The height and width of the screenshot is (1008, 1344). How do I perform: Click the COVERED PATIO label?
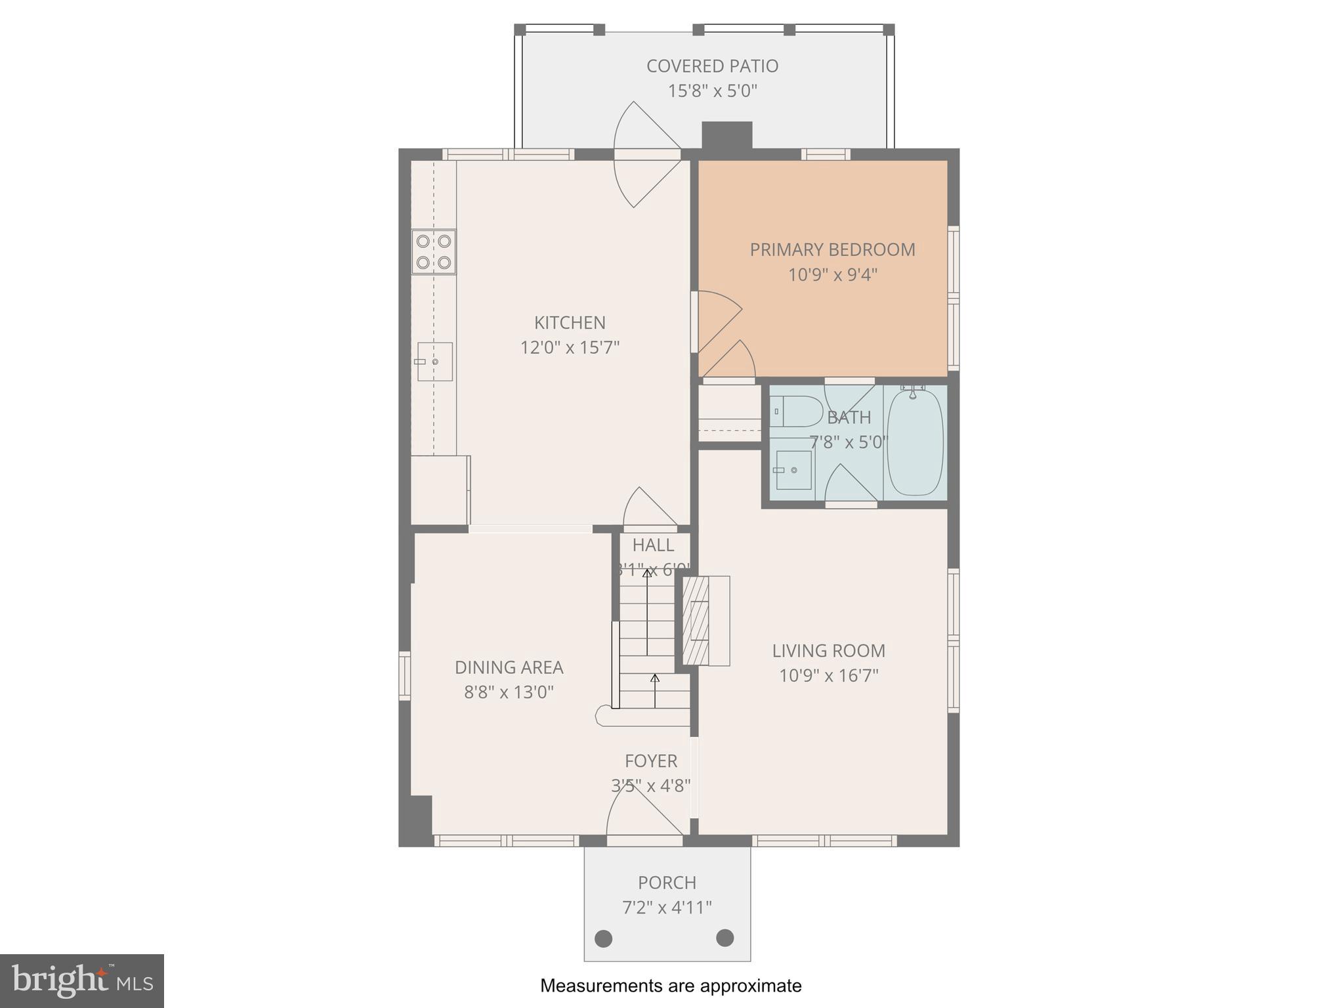712,66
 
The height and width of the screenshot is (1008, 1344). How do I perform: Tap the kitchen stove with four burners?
434,252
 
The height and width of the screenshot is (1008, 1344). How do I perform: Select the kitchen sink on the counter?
435,362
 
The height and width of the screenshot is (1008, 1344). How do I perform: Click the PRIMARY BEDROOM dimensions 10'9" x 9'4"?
832,274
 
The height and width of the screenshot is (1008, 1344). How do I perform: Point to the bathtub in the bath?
915,443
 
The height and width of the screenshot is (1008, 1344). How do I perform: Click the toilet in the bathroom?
795,411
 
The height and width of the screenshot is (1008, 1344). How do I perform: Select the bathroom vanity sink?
793,470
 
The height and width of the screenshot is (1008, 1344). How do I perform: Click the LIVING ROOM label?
828,651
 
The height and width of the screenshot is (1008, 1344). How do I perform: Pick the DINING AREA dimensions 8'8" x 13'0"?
509,692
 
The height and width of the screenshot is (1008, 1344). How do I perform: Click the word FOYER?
650,761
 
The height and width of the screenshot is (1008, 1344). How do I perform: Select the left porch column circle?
603,938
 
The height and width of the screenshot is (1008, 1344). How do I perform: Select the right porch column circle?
724,938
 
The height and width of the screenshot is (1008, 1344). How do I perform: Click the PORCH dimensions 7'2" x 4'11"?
667,908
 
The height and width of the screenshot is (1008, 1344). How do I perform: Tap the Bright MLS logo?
82,981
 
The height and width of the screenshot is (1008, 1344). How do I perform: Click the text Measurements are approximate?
671,986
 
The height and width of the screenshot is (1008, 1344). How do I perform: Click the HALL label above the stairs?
653,545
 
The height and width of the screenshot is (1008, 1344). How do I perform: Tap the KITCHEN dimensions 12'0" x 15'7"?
570,347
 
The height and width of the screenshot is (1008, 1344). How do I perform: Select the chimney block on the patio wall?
726,136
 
